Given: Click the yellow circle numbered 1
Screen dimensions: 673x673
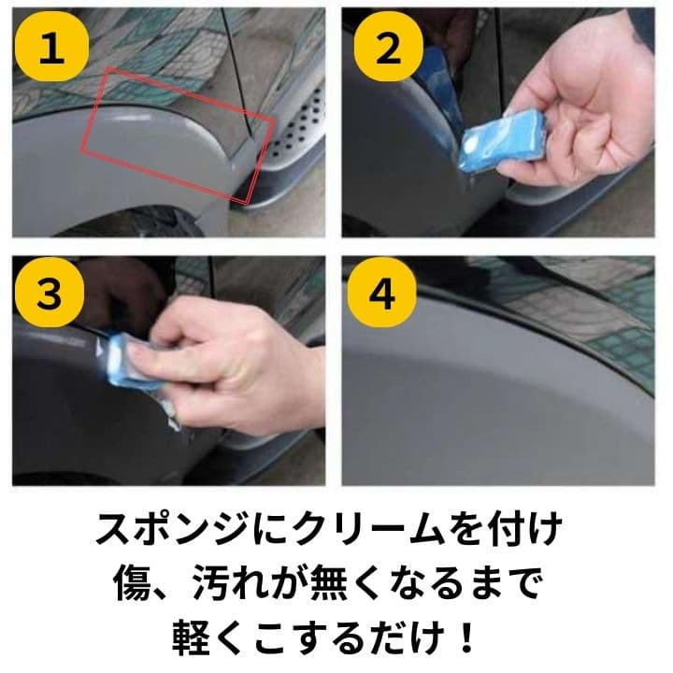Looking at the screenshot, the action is click(52, 47).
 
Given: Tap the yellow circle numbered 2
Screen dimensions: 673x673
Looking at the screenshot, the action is click(389, 47).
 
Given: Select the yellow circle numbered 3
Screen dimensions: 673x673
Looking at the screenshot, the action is click(50, 292).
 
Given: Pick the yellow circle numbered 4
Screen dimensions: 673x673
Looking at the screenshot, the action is click(382, 292).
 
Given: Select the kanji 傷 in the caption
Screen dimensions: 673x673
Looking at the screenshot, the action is click(134, 582).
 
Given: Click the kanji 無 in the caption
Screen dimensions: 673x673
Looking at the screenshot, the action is click(329, 582).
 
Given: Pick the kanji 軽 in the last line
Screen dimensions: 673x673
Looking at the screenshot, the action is click(192, 637).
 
